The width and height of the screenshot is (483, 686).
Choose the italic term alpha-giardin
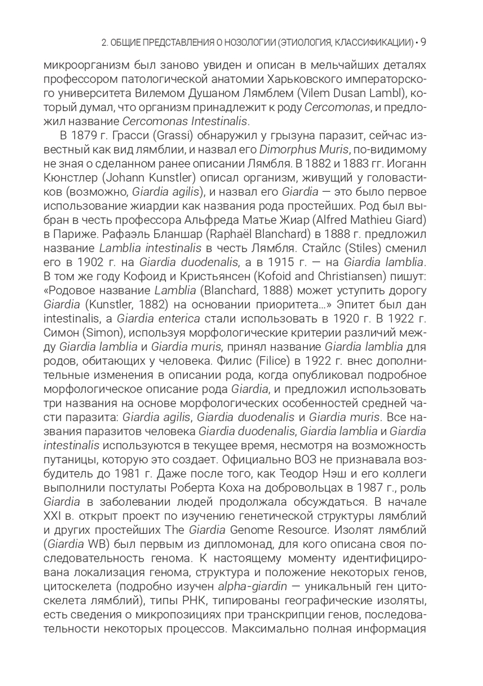(253, 586)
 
